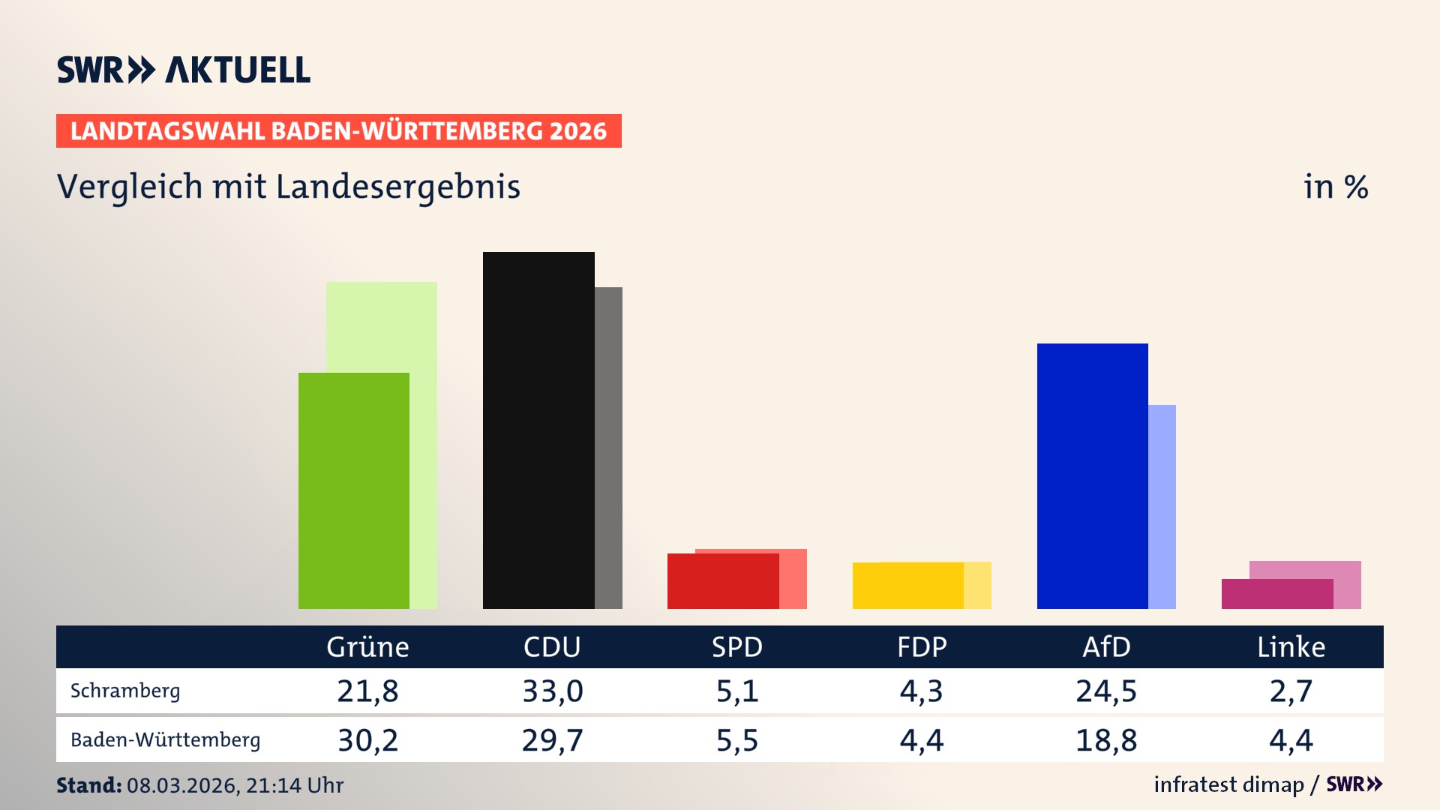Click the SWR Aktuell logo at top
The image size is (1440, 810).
183,70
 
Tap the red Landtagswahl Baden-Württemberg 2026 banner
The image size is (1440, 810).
338,131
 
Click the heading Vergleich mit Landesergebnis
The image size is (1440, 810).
288,187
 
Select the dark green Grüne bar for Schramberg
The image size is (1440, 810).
353,490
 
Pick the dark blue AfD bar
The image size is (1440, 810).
1092,475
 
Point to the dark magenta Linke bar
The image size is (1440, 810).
1276,593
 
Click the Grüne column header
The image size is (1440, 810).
367,647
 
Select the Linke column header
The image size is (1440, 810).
1291,647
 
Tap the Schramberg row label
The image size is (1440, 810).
125,691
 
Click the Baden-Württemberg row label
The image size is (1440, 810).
165,740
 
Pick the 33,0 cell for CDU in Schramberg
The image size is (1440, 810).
553,691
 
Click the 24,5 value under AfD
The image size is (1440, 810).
1106,691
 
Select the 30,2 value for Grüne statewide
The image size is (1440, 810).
367,740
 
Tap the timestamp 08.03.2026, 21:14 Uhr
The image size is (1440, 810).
235,785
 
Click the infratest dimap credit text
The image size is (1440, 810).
1228,784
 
